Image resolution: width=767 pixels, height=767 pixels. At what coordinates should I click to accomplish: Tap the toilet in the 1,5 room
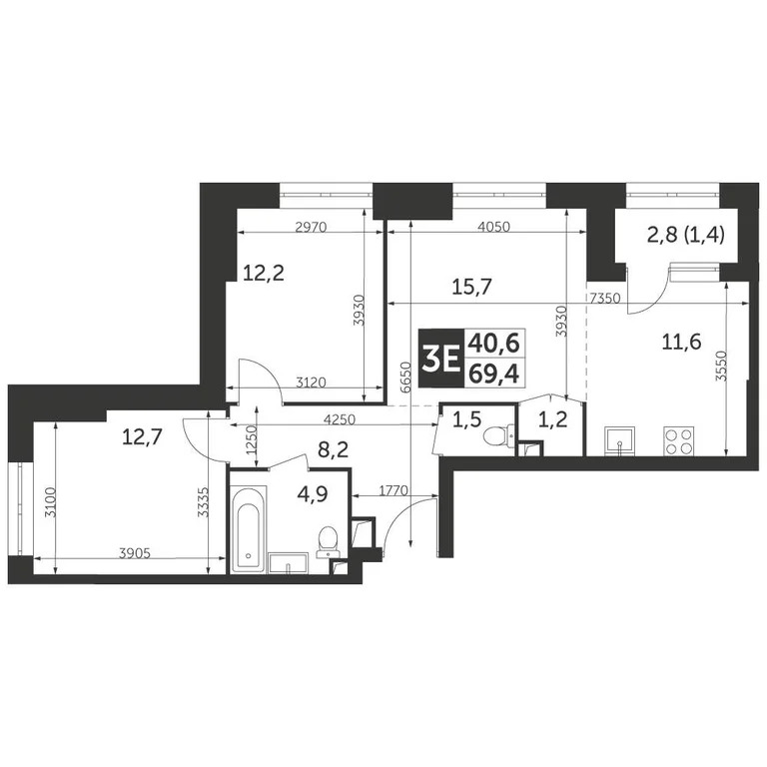pos(493,437)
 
